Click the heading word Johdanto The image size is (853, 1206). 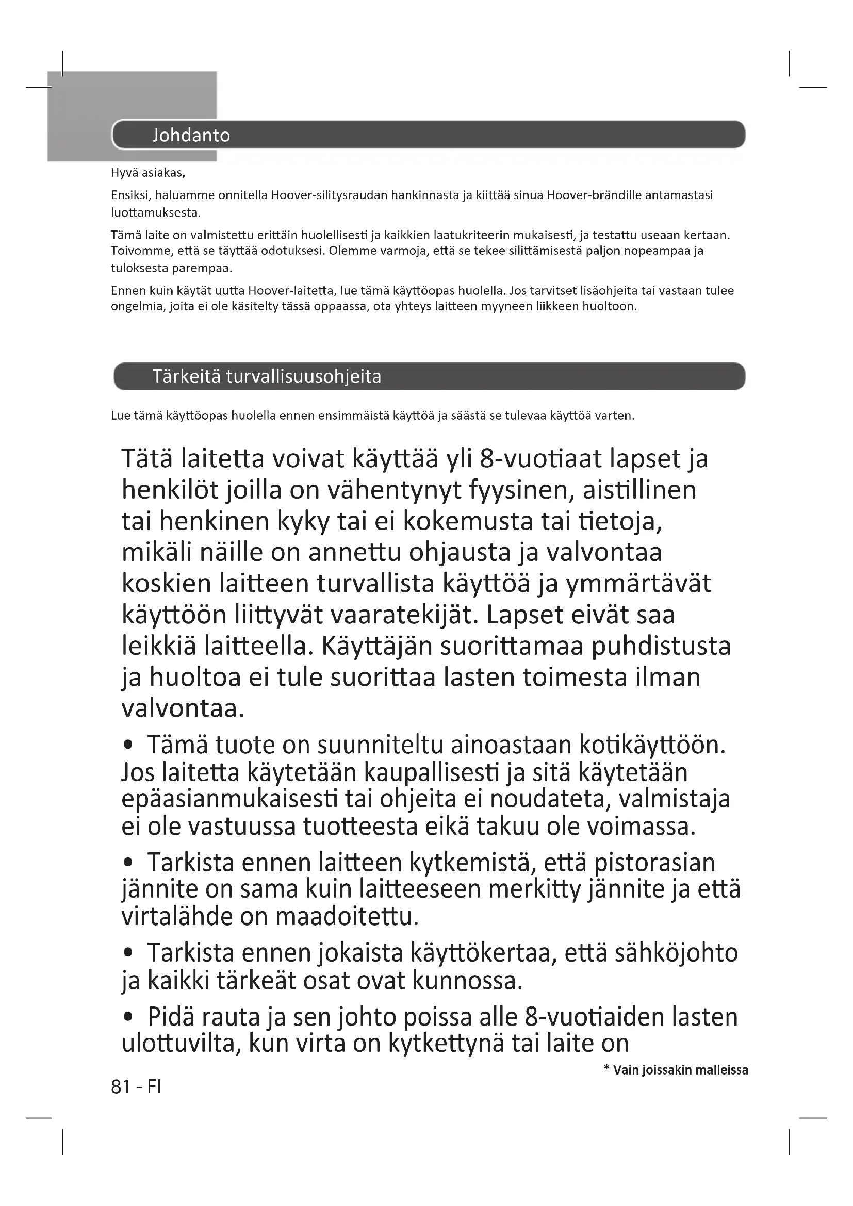pyautogui.click(x=191, y=136)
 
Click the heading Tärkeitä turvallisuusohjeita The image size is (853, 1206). pyautogui.click(x=266, y=376)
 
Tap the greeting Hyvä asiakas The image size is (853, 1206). pyautogui.click(x=147, y=173)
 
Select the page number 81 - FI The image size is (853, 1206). pyautogui.click(x=136, y=1086)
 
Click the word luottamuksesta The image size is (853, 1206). pyautogui.click(x=155, y=213)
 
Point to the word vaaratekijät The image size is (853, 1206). pyautogui.click(x=402, y=615)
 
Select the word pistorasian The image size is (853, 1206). pyautogui.click(x=654, y=863)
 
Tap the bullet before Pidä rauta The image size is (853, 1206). pyautogui.click(x=127, y=1018)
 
